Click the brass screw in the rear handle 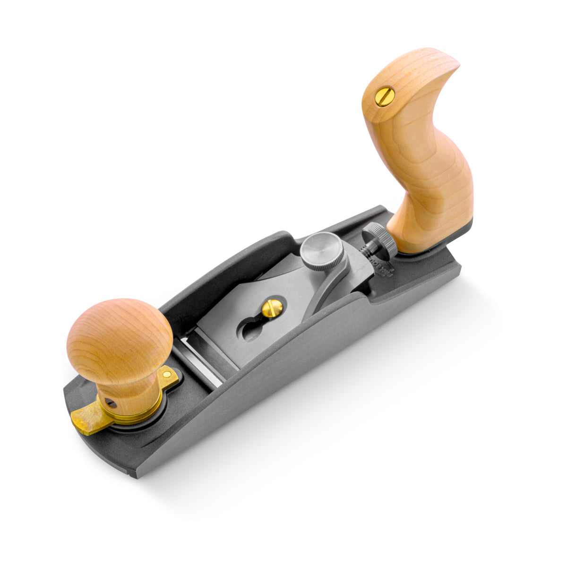point(385,97)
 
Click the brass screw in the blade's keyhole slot point(272,309)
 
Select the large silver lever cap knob point(318,252)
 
